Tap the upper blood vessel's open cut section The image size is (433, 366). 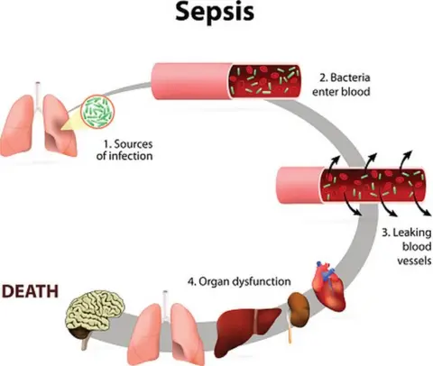(x=268, y=80)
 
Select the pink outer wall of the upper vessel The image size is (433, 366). (x=189, y=81)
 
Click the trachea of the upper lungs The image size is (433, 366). (x=39, y=91)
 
